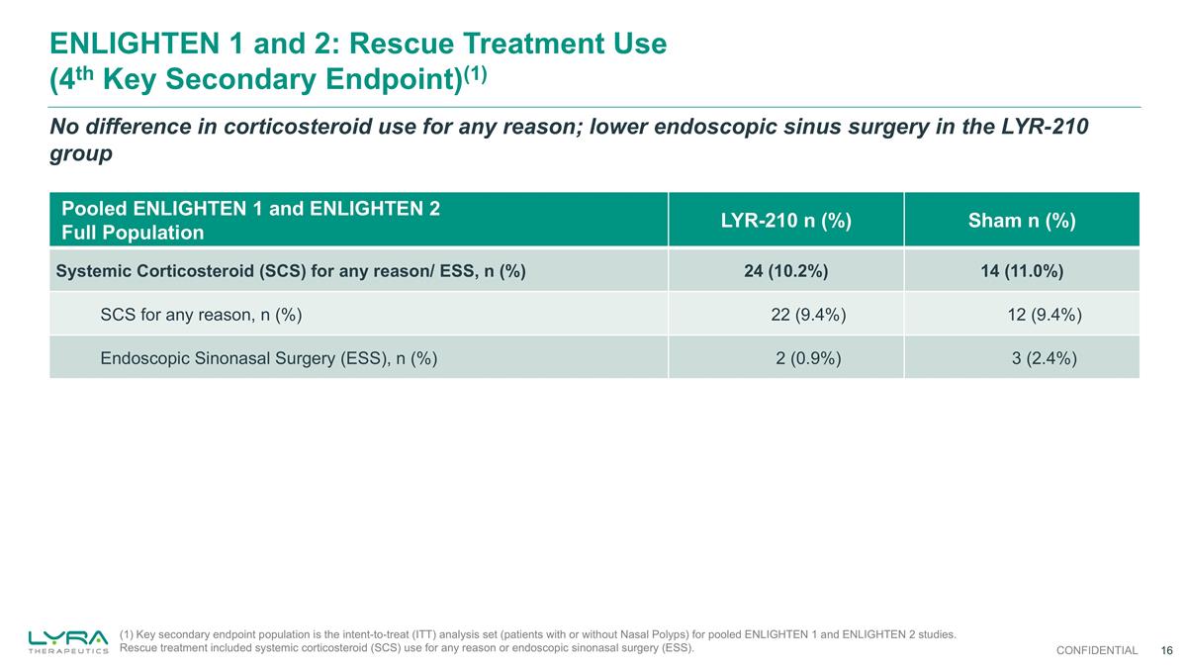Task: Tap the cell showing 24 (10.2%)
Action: coord(785,271)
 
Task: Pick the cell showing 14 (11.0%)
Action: coord(1022,271)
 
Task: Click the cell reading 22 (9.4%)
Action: coord(807,315)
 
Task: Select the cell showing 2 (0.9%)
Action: coord(808,358)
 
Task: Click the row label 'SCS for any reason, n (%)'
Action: coord(201,315)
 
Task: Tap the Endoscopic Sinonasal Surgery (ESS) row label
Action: coord(269,358)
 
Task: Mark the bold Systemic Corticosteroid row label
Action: coord(291,271)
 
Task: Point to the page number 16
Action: coord(1166,650)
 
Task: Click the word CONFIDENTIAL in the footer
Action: coord(1096,650)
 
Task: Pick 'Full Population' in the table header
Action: coord(133,234)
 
